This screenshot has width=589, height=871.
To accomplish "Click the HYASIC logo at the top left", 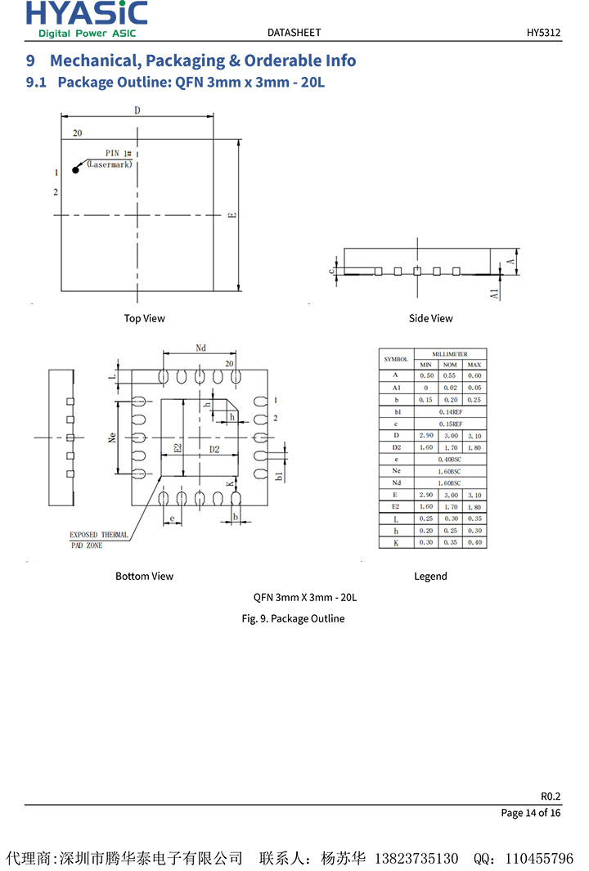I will click(x=87, y=19).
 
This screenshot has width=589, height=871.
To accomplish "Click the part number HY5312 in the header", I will click(x=543, y=33).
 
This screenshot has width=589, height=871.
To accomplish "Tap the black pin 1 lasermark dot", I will click(x=76, y=170).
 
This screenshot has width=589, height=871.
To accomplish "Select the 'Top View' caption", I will click(x=144, y=318).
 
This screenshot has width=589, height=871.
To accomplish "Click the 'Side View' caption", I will click(x=430, y=318).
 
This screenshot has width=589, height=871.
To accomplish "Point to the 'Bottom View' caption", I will click(x=144, y=577).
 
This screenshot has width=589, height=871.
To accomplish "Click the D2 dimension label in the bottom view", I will click(x=214, y=449).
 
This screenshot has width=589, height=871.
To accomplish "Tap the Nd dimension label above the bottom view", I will click(x=201, y=348).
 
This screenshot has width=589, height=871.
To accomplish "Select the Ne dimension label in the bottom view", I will click(x=112, y=438).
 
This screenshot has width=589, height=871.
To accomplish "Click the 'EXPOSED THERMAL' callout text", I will click(x=98, y=535).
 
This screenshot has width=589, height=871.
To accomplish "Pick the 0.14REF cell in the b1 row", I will click(x=450, y=412).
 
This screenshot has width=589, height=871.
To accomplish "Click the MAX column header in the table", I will click(x=474, y=364).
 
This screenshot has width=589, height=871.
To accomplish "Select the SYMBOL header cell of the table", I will click(x=396, y=359).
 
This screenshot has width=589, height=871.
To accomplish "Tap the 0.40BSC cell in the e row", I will click(x=450, y=460).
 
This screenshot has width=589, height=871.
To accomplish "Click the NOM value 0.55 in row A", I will click(x=450, y=375).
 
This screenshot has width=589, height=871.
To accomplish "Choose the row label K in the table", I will click(x=396, y=543).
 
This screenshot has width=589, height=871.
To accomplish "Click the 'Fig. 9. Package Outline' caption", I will click(x=293, y=618).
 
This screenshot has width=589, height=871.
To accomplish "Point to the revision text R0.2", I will click(x=551, y=796).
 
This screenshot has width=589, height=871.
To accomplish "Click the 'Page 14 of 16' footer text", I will click(x=531, y=813).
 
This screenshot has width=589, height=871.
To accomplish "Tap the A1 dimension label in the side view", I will click(x=495, y=292).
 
